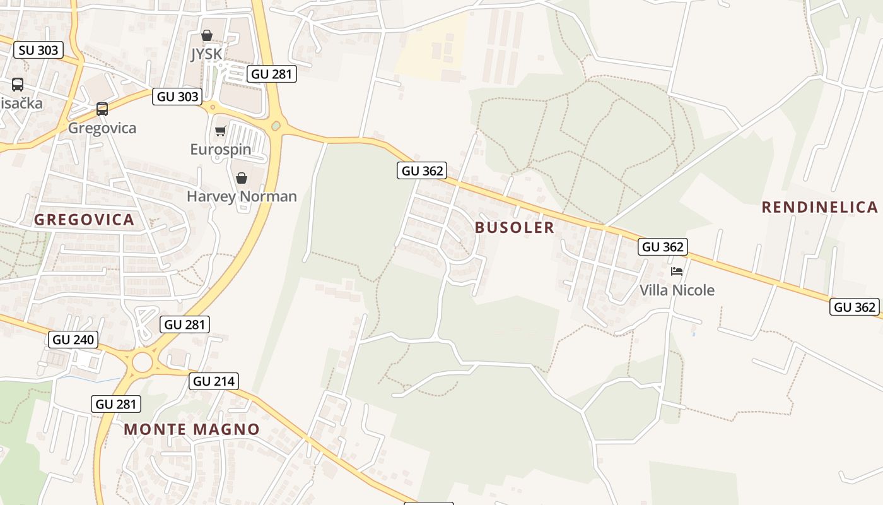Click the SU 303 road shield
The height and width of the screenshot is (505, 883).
pos(38,50)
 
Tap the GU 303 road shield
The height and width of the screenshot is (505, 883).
pos(177,97)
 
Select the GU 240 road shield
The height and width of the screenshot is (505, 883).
pos(73,340)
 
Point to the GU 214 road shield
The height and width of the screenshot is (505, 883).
pos(214,381)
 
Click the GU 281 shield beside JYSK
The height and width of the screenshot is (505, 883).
pos(271,74)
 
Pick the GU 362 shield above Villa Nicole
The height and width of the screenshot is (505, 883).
pos(662,247)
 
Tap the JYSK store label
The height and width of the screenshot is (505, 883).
pos(207,54)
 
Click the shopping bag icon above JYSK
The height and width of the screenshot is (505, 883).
pos(207,36)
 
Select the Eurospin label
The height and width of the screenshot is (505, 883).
pos(221,150)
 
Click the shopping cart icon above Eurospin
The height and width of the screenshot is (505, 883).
pos(220,131)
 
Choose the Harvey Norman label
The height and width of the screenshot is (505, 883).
pos(242,196)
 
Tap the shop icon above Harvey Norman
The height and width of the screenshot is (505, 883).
pos(241,179)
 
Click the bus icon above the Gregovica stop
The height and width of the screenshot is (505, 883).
pos(102,109)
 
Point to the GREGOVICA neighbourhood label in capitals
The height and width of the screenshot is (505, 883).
pos(85,220)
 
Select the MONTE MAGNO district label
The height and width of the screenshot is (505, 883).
pos(192,429)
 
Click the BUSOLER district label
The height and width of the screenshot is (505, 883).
pos(515,227)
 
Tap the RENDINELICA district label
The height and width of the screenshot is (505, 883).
pos(819,207)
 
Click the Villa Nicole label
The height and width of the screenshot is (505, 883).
pos(677,290)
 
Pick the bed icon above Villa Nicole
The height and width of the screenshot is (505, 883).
pos(677,271)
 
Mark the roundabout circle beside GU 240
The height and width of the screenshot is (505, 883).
pos(143,362)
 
